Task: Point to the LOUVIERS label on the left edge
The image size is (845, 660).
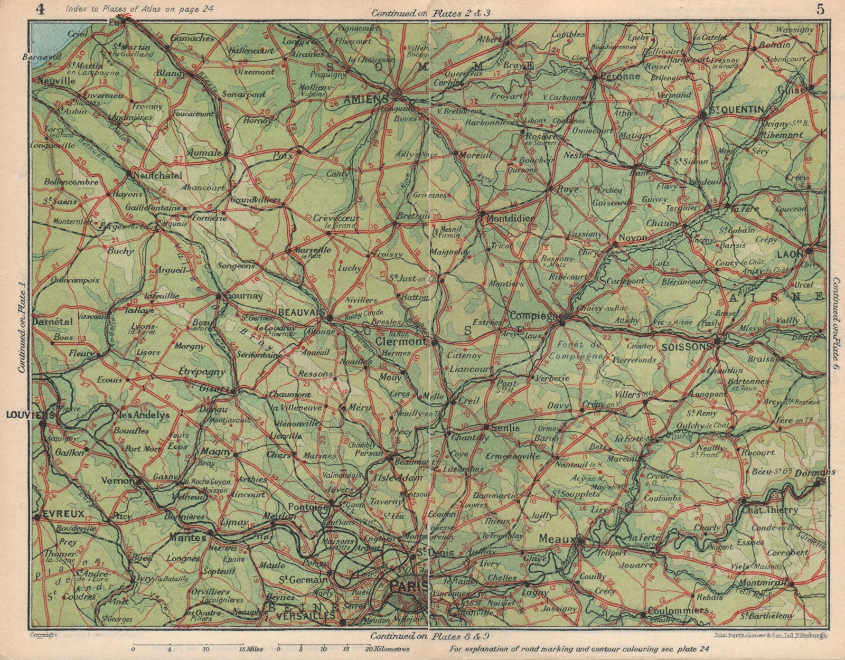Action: (x=22, y=415)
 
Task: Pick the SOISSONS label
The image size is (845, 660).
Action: (x=686, y=347)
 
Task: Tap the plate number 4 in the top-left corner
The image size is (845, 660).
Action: (x=39, y=9)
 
